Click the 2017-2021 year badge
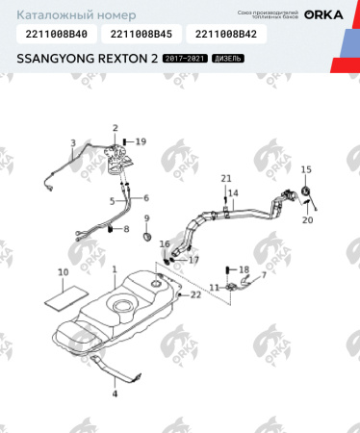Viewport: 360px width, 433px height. tap(185, 60)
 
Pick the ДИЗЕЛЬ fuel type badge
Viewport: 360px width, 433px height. tap(228, 60)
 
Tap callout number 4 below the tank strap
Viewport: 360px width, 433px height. tap(113, 394)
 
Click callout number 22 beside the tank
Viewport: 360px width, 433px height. tap(195, 294)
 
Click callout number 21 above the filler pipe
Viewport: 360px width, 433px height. tap(227, 179)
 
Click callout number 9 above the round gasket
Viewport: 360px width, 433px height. tap(146, 218)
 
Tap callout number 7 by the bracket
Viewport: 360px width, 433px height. tap(264, 274)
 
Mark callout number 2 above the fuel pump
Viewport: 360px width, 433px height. tap(115, 128)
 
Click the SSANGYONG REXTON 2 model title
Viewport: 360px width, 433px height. tap(86, 60)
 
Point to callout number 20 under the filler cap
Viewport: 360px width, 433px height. tap(308, 220)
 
